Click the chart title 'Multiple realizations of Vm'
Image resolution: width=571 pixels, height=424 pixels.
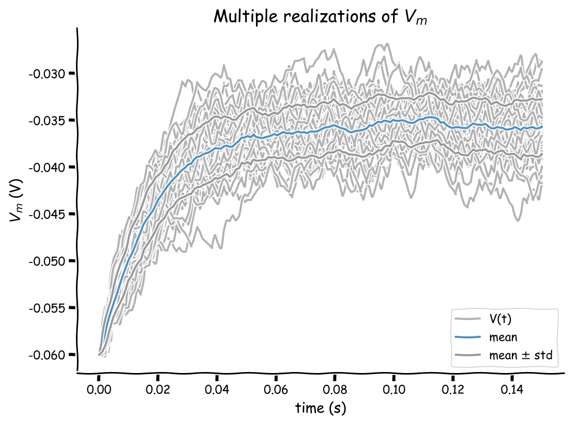[x=320, y=17]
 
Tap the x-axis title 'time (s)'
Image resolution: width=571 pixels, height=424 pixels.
[x=321, y=408]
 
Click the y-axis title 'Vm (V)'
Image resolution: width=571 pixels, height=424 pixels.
[x=16, y=200]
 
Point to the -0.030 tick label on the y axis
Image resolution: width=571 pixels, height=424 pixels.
[x=47, y=74]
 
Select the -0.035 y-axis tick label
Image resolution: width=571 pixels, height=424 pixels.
[x=47, y=120]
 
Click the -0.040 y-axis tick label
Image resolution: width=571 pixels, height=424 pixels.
[x=47, y=168]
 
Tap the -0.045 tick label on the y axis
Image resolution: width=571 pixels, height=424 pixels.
[x=47, y=215]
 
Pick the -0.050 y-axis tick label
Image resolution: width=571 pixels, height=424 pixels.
[x=47, y=261]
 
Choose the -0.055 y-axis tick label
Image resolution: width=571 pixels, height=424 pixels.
[x=47, y=308]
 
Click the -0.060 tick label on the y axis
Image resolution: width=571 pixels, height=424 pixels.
[x=47, y=355]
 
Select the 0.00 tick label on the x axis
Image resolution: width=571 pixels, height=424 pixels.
[x=99, y=390]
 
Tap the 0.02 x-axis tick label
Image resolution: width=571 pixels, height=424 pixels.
[x=158, y=390]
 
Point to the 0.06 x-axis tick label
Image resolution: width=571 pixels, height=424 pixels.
[x=276, y=390]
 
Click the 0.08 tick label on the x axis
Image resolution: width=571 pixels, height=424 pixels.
[x=334, y=390]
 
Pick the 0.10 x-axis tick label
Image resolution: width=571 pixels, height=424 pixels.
[x=394, y=390]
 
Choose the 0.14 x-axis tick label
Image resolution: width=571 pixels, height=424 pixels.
[x=512, y=390]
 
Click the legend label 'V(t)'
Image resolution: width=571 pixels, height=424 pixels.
[x=500, y=319]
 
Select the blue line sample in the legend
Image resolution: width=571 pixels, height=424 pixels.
[x=468, y=337]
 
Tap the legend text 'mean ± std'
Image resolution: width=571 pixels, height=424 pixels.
[x=521, y=355]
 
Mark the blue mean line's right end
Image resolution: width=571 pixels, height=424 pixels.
[x=542, y=127]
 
